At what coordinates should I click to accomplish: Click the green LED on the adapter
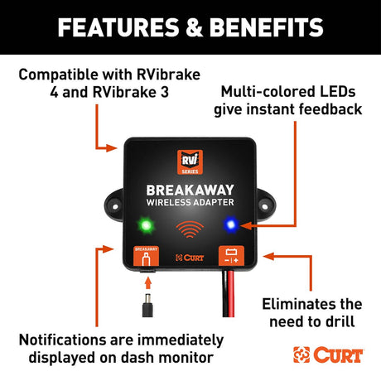pos(146,225)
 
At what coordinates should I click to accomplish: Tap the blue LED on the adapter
pos(231,224)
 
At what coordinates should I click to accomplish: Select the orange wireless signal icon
pos(190,229)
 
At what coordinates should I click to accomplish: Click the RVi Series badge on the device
pos(190,162)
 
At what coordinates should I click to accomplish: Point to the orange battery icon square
pos(231,256)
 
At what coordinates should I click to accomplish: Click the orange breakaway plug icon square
pos(146,256)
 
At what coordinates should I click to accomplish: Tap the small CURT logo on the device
pos(190,258)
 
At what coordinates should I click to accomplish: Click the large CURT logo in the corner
pos(328,354)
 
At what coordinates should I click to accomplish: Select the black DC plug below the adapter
pos(147,305)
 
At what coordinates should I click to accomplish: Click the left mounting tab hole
pos(115,206)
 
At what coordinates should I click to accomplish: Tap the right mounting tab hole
pos(264,206)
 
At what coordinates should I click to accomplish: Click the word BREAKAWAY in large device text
pos(190,190)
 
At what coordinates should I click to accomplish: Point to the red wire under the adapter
pos(231,294)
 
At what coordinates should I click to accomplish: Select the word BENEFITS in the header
pos(267,27)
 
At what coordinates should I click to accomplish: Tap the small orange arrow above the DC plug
pos(148,283)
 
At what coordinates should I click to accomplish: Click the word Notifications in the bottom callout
pos(62,340)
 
